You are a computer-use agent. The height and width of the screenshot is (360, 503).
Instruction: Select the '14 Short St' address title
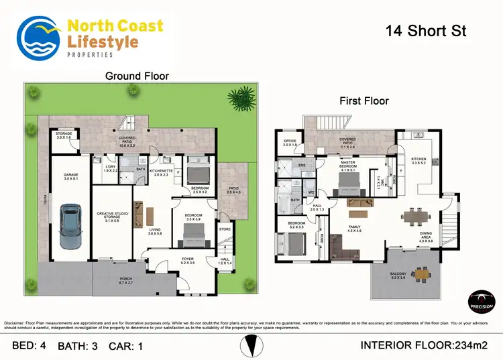coord(427,31)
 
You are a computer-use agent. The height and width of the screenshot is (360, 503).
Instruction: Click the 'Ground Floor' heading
coord(137,76)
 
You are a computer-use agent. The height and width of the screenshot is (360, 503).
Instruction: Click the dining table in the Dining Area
coord(419,217)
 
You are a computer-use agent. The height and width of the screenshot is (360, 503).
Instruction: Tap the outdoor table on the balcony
coord(422,273)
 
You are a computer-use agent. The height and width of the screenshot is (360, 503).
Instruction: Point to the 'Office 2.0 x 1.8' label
coord(290,143)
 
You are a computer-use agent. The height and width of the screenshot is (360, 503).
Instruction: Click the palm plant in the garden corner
coord(239,99)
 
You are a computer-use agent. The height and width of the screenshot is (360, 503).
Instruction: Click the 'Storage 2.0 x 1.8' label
coord(64,135)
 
